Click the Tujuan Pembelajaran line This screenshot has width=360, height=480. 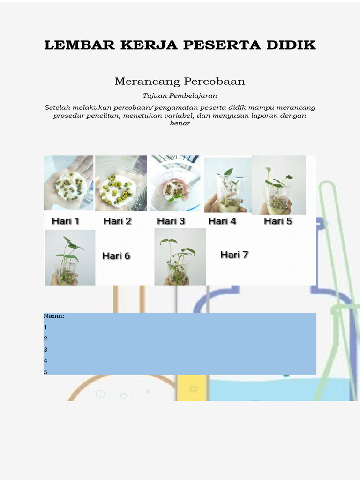click(x=180, y=96)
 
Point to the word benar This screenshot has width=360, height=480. click(x=180, y=123)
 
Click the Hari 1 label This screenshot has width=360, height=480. click(x=65, y=221)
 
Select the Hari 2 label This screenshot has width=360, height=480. click(x=117, y=221)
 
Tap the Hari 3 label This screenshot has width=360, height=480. click(x=171, y=221)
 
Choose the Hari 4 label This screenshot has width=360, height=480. click(x=222, y=221)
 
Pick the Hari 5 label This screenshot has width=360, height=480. click(x=278, y=221)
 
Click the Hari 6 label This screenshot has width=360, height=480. click(x=116, y=256)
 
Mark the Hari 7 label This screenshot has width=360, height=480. click(x=234, y=255)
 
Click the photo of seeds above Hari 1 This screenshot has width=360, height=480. click(x=68, y=183)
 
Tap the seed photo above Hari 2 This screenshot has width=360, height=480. click(x=121, y=183)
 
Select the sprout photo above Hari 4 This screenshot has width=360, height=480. click(x=228, y=185)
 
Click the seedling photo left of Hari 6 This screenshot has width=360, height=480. click(x=70, y=257)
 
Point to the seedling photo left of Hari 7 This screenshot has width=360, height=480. click(x=180, y=257)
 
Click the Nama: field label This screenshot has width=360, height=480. click(x=54, y=316)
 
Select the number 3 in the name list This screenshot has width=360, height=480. click(x=46, y=350)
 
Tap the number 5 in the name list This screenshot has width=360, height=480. click(x=46, y=372)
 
